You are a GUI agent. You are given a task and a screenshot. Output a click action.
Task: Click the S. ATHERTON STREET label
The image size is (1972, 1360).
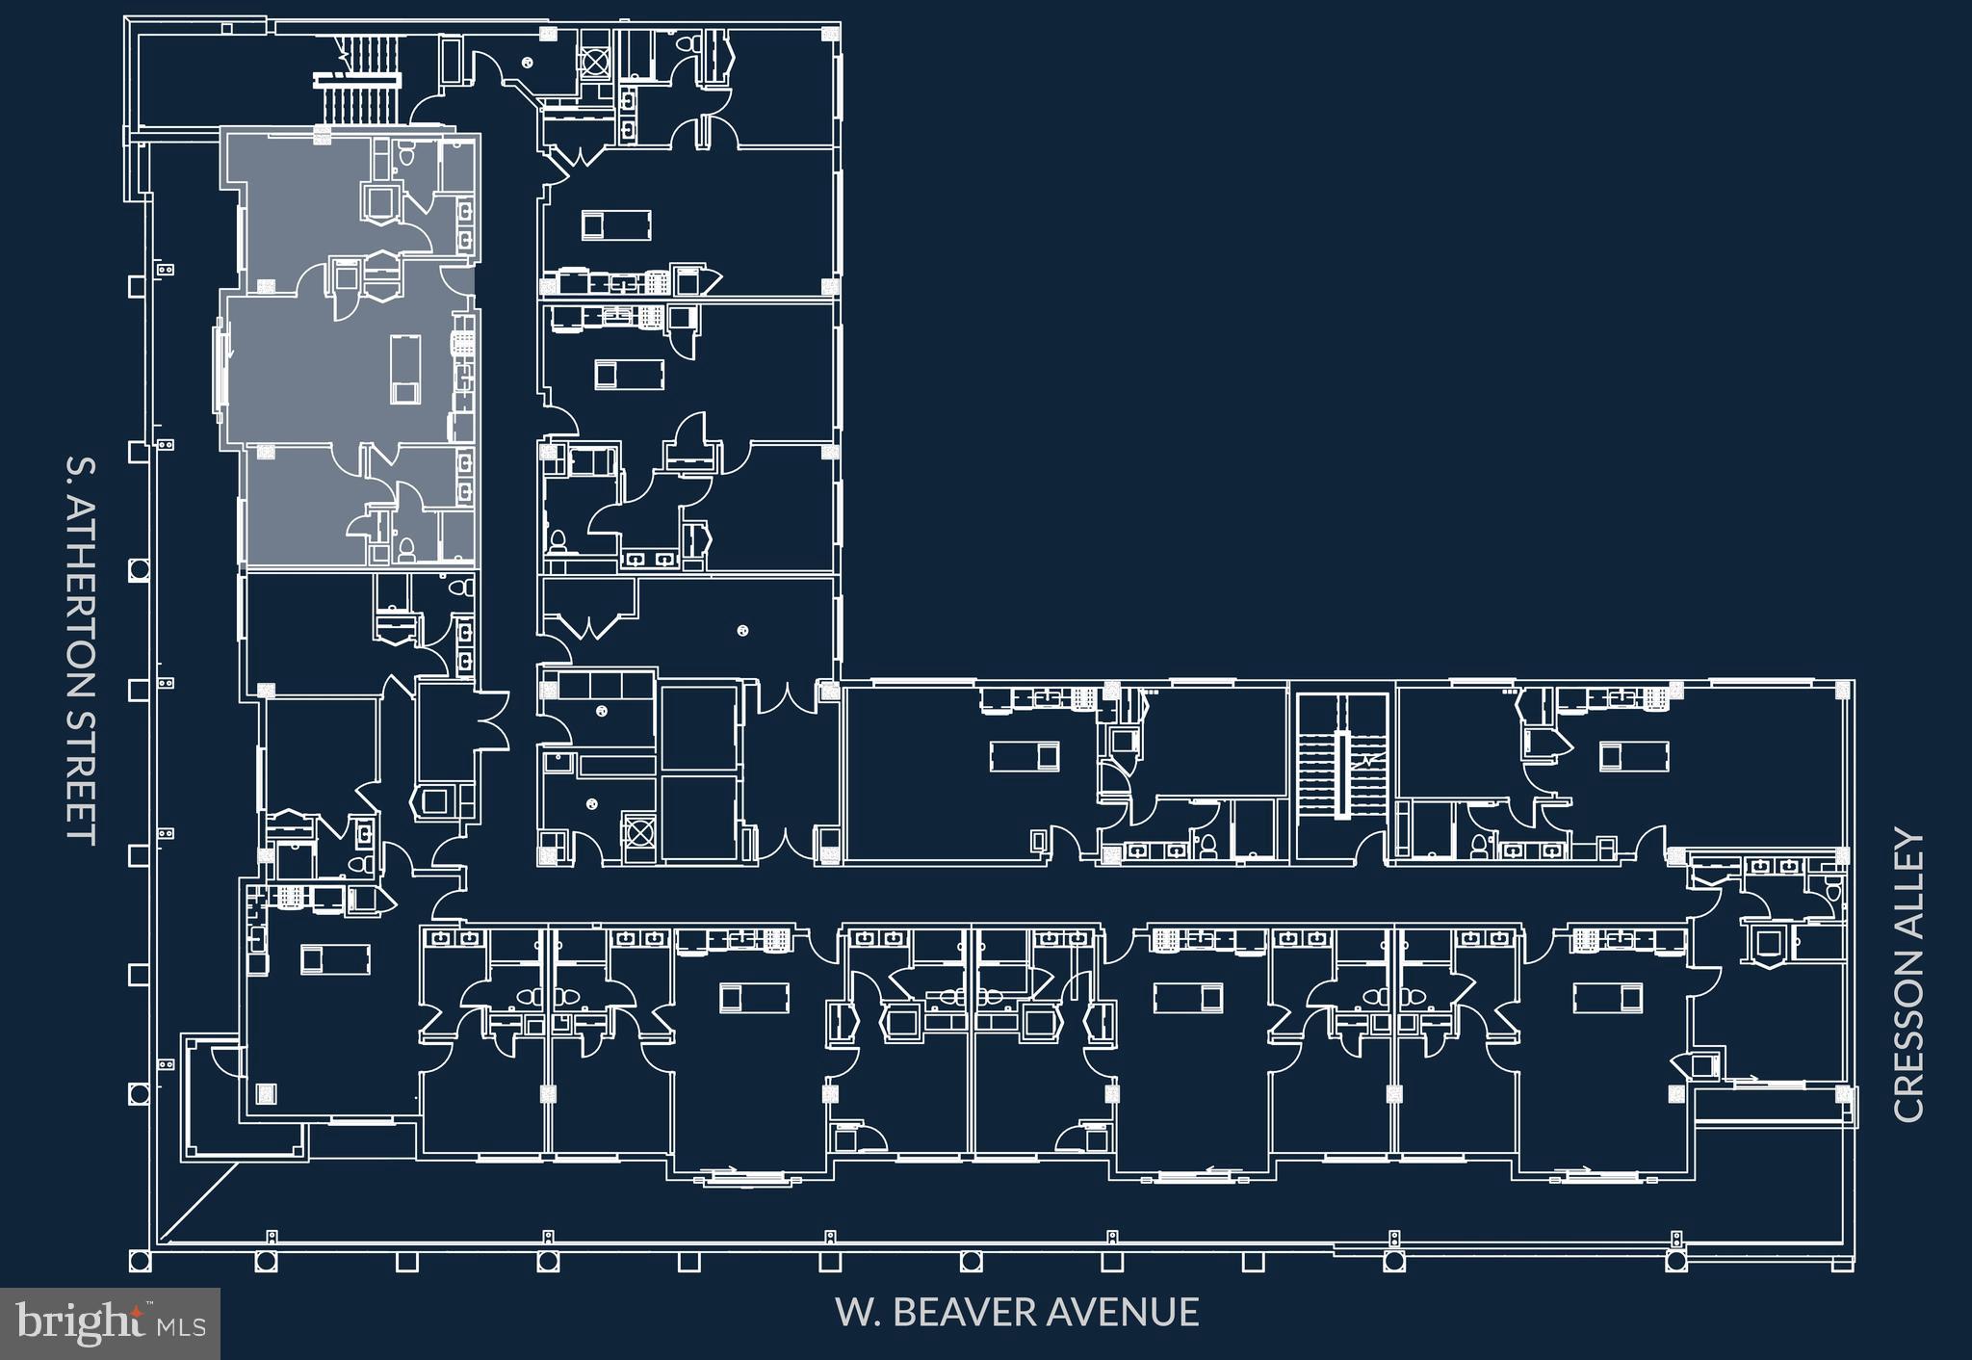(81, 649)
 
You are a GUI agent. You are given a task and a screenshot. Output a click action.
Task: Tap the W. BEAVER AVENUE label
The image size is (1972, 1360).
(1017, 1312)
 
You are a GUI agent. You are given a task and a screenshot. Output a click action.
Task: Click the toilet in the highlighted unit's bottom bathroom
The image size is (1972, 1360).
(405, 549)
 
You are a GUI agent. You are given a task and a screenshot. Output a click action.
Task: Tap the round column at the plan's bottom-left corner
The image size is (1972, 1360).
(139, 1260)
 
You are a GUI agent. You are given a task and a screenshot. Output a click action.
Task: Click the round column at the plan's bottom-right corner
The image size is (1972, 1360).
(1675, 1260)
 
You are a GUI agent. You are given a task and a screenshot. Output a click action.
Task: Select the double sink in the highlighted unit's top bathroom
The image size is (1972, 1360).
(465, 223)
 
